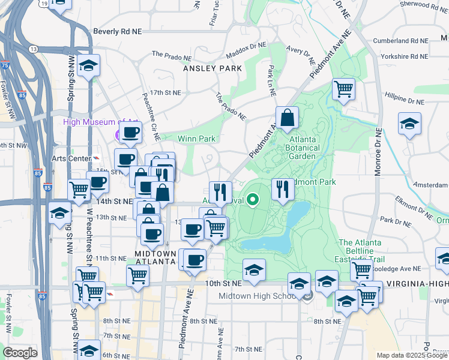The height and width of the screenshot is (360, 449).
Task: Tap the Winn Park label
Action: coord(196,139)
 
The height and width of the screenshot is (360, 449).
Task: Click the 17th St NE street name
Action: coord(165,92)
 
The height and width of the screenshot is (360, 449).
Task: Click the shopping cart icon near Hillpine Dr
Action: coord(343,89)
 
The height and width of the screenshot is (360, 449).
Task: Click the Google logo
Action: coord(20,353)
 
